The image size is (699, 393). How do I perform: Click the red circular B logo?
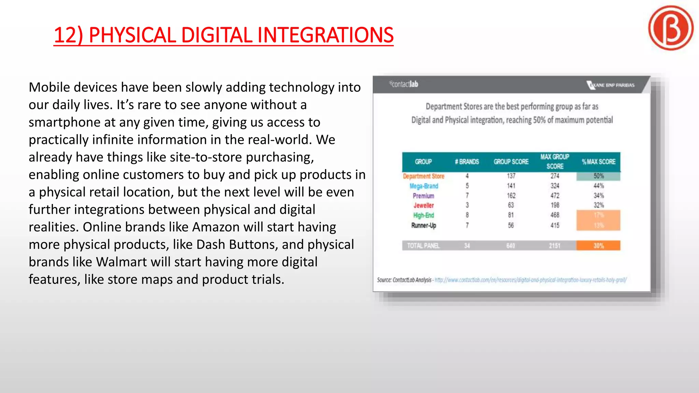point(671,28)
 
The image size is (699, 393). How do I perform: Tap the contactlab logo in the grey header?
point(404,84)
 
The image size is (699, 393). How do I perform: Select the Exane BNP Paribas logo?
point(611,85)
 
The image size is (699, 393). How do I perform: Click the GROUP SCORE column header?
point(511,162)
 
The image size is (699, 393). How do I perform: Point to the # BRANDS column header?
point(467,162)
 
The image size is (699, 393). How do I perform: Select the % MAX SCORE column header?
point(599,162)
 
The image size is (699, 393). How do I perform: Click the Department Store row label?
point(424,176)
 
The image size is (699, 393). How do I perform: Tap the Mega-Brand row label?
point(424,186)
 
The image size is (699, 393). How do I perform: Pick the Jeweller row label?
point(424,205)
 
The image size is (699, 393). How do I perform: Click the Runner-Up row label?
point(424,225)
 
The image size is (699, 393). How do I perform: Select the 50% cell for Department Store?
point(599,176)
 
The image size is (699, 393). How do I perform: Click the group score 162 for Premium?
point(511,196)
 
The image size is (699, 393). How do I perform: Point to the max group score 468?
point(555,215)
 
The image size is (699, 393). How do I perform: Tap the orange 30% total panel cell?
point(598,246)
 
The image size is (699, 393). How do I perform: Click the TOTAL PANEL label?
point(423,246)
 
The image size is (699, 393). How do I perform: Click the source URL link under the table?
point(530,280)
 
